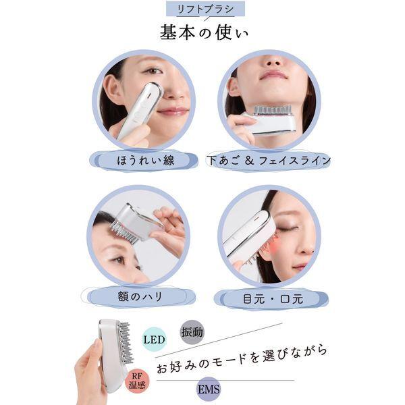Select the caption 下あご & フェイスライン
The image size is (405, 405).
(x=268, y=160)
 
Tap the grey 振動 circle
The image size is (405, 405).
(x=191, y=332)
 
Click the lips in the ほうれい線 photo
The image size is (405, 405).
(x=173, y=111)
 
